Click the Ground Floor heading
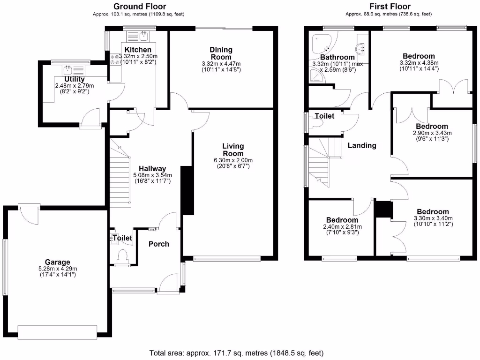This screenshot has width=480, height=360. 140,7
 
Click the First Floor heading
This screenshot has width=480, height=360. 390,7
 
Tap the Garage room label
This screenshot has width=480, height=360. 57,262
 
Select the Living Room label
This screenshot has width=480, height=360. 233,150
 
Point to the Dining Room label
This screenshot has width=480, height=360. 221,53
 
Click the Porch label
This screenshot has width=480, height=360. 158,244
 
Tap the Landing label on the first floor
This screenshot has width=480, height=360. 361,145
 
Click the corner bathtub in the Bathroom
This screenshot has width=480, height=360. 322,45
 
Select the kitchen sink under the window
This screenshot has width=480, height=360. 143,36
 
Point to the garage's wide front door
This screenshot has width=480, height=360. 57,331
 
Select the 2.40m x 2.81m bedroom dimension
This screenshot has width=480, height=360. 342,227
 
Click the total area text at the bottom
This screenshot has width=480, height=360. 236,352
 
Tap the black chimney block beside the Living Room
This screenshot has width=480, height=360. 187,190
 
